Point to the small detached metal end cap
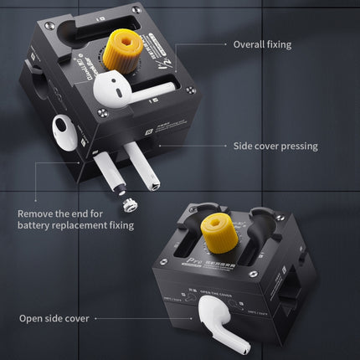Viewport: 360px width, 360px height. (x=130, y=203)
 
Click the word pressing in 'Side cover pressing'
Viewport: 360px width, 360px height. (x=299, y=146)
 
